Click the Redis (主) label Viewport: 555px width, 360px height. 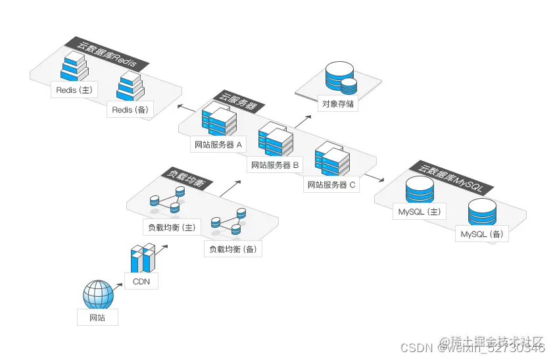[x=74, y=90]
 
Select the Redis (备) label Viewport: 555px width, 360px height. [x=130, y=110]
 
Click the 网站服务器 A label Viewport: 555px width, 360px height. [x=218, y=144]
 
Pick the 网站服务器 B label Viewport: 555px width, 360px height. [x=276, y=165]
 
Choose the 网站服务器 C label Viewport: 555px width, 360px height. [x=332, y=185]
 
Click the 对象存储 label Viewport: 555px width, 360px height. [x=339, y=103]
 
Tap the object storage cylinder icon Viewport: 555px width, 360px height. [x=340, y=78]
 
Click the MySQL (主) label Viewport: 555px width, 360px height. [x=419, y=212]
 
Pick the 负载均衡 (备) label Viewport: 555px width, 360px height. [x=233, y=249]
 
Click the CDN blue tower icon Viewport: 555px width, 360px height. [x=142, y=259]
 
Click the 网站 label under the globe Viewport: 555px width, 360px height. [x=97, y=318]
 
